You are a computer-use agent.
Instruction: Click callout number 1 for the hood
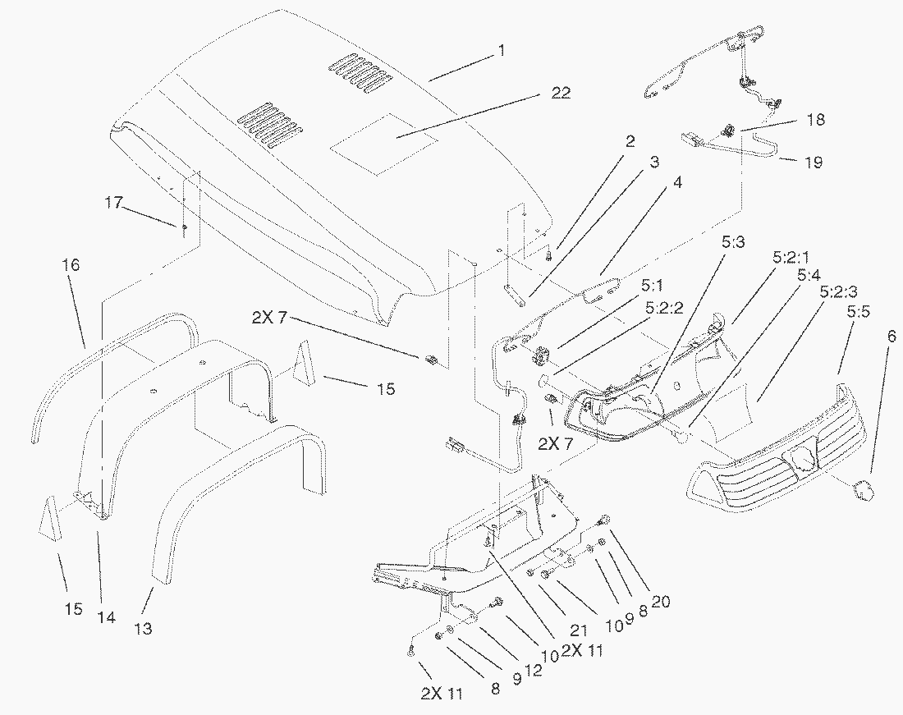(500, 51)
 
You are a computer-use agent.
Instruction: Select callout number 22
(561, 93)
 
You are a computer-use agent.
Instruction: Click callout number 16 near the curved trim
(71, 265)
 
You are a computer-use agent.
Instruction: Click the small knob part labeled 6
(864, 490)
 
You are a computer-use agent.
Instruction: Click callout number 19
(813, 163)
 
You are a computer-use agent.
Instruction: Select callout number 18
(815, 120)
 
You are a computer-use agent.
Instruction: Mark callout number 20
(660, 602)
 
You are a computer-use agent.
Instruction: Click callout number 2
(630, 141)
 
